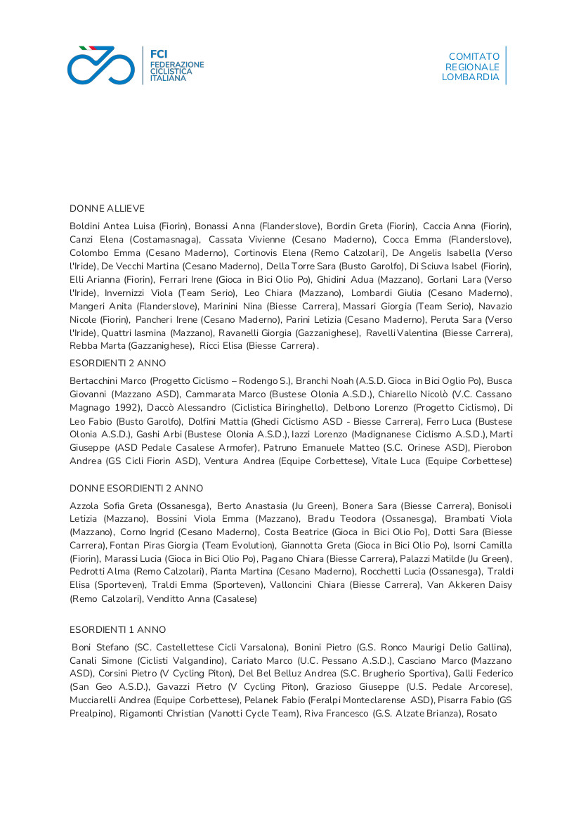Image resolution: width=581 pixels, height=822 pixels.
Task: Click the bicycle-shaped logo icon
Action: coord(100,65)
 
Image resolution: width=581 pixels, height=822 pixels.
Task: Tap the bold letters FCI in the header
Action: coord(159,53)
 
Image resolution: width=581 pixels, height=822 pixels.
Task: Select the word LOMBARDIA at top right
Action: coord(470,77)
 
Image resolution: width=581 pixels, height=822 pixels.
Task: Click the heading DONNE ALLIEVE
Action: coord(107,209)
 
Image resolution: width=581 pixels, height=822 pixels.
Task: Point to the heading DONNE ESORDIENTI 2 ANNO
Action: coord(136,488)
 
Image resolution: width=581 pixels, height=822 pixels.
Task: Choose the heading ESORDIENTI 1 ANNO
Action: coord(117,629)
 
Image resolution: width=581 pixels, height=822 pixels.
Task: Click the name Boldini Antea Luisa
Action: coord(112,226)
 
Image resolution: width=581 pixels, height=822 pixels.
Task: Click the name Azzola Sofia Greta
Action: coord(105,506)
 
